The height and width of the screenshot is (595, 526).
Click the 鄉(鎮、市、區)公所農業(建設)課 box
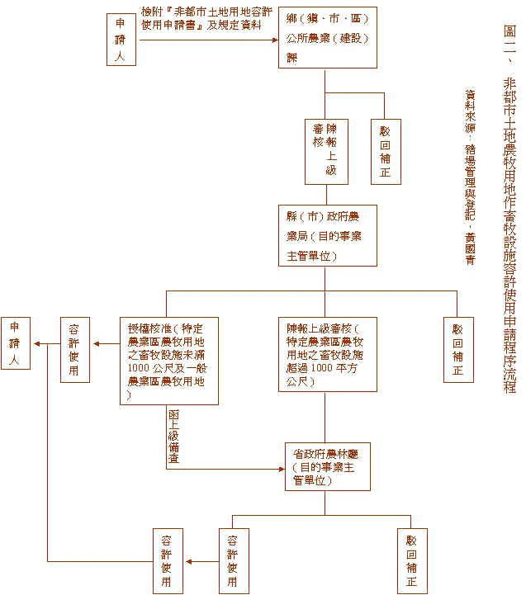pyautogui.click(x=327, y=39)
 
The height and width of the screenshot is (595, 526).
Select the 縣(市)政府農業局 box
pyautogui.click(x=327, y=235)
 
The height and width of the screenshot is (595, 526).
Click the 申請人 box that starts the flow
pyautogui.click(x=121, y=39)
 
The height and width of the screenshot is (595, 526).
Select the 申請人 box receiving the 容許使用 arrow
pyautogui.click(x=15, y=343)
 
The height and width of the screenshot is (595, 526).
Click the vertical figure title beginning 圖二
pyautogui.click(x=509, y=206)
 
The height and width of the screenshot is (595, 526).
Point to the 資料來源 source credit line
pyautogui.click(x=470, y=177)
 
